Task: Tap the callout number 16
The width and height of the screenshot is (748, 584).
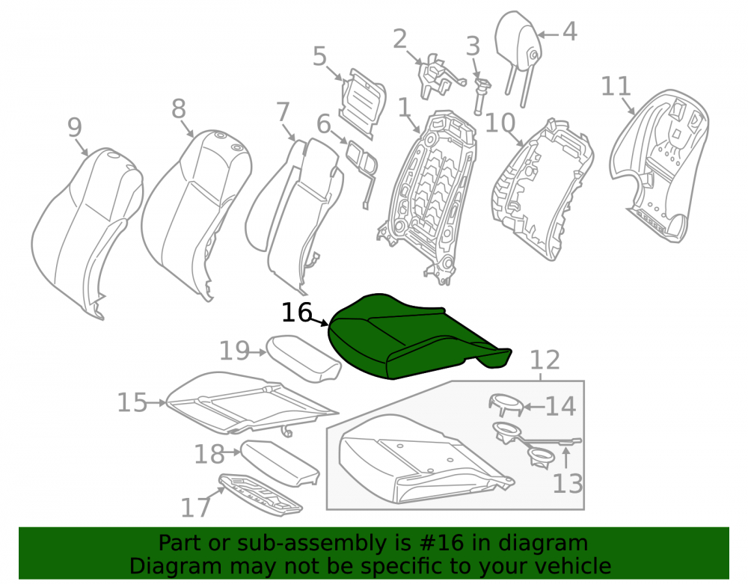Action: tap(297, 313)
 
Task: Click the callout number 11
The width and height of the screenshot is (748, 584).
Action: tap(616, 86)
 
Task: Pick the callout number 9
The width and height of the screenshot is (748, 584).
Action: tap(74, 127)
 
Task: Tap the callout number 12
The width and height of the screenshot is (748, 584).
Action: tap(545, 360)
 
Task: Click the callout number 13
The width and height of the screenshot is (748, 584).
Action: tap(568, 483)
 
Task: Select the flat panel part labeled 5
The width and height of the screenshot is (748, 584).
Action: tap(363, 102)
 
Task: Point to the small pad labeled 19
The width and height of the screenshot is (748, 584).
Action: tap(304, 357)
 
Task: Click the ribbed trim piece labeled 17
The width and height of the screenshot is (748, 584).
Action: tap(260, 495)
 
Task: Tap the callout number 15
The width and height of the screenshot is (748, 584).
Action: tap(132, 402)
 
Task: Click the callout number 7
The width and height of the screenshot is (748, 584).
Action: tap(283, 112)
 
